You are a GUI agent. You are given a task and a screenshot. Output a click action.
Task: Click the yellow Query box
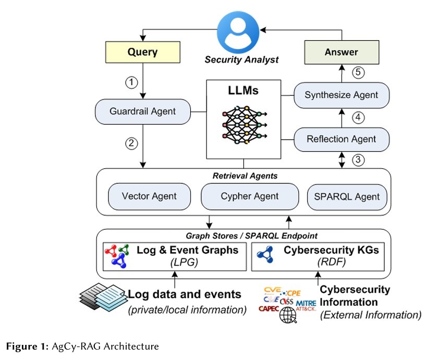tap(142, 52)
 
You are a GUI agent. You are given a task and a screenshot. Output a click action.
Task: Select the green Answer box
tap(341, 52)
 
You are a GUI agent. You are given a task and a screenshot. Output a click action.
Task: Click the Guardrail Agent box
tap(142, 111)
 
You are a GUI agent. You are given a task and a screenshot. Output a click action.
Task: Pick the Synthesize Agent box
tap(341, 95)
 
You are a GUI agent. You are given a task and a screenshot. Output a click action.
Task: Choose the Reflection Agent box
tap(341, 139)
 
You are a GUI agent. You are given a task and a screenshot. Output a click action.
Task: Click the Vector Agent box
tap(149, 196)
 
